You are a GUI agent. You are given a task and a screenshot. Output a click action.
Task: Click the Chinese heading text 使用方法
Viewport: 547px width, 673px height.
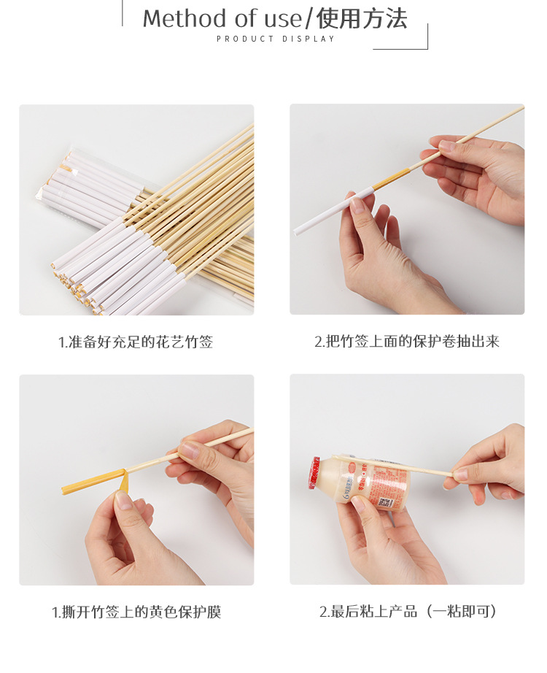[x=362, y=18]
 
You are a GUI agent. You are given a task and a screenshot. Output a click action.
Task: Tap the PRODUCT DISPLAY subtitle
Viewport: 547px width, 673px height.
[x=276, y=39]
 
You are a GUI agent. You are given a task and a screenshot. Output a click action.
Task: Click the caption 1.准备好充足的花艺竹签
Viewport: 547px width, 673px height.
[x=136, y=342]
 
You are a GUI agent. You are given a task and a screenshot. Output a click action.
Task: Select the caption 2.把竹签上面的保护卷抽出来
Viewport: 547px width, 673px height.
[x=407, y=342]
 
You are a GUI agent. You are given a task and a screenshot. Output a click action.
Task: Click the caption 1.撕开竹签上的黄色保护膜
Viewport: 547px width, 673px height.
[x=136, y=612]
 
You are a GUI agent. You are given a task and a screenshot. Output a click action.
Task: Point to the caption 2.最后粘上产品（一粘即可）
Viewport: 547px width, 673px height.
[x=407, y=612]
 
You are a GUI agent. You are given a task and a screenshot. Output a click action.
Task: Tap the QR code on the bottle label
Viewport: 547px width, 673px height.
[x=381, y=503]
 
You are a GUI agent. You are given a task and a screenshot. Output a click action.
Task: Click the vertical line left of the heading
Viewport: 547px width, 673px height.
[x=121, y=13]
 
